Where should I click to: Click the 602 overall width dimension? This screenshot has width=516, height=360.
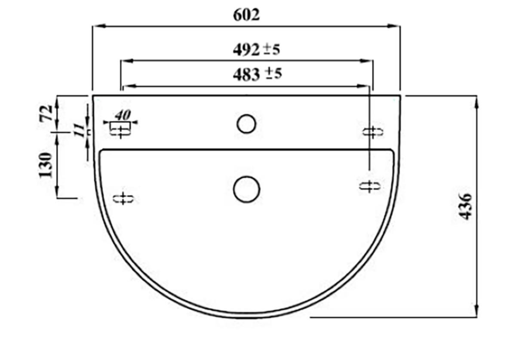coord(246,15)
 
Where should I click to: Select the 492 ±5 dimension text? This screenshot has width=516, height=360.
coord(256,49)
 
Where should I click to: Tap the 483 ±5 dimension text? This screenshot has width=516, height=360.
coord(257,75)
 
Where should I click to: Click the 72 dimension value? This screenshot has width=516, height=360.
coord(46,113)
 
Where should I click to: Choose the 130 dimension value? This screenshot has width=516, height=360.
coord(46,165)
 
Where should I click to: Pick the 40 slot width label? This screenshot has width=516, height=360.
coord(123,115)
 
